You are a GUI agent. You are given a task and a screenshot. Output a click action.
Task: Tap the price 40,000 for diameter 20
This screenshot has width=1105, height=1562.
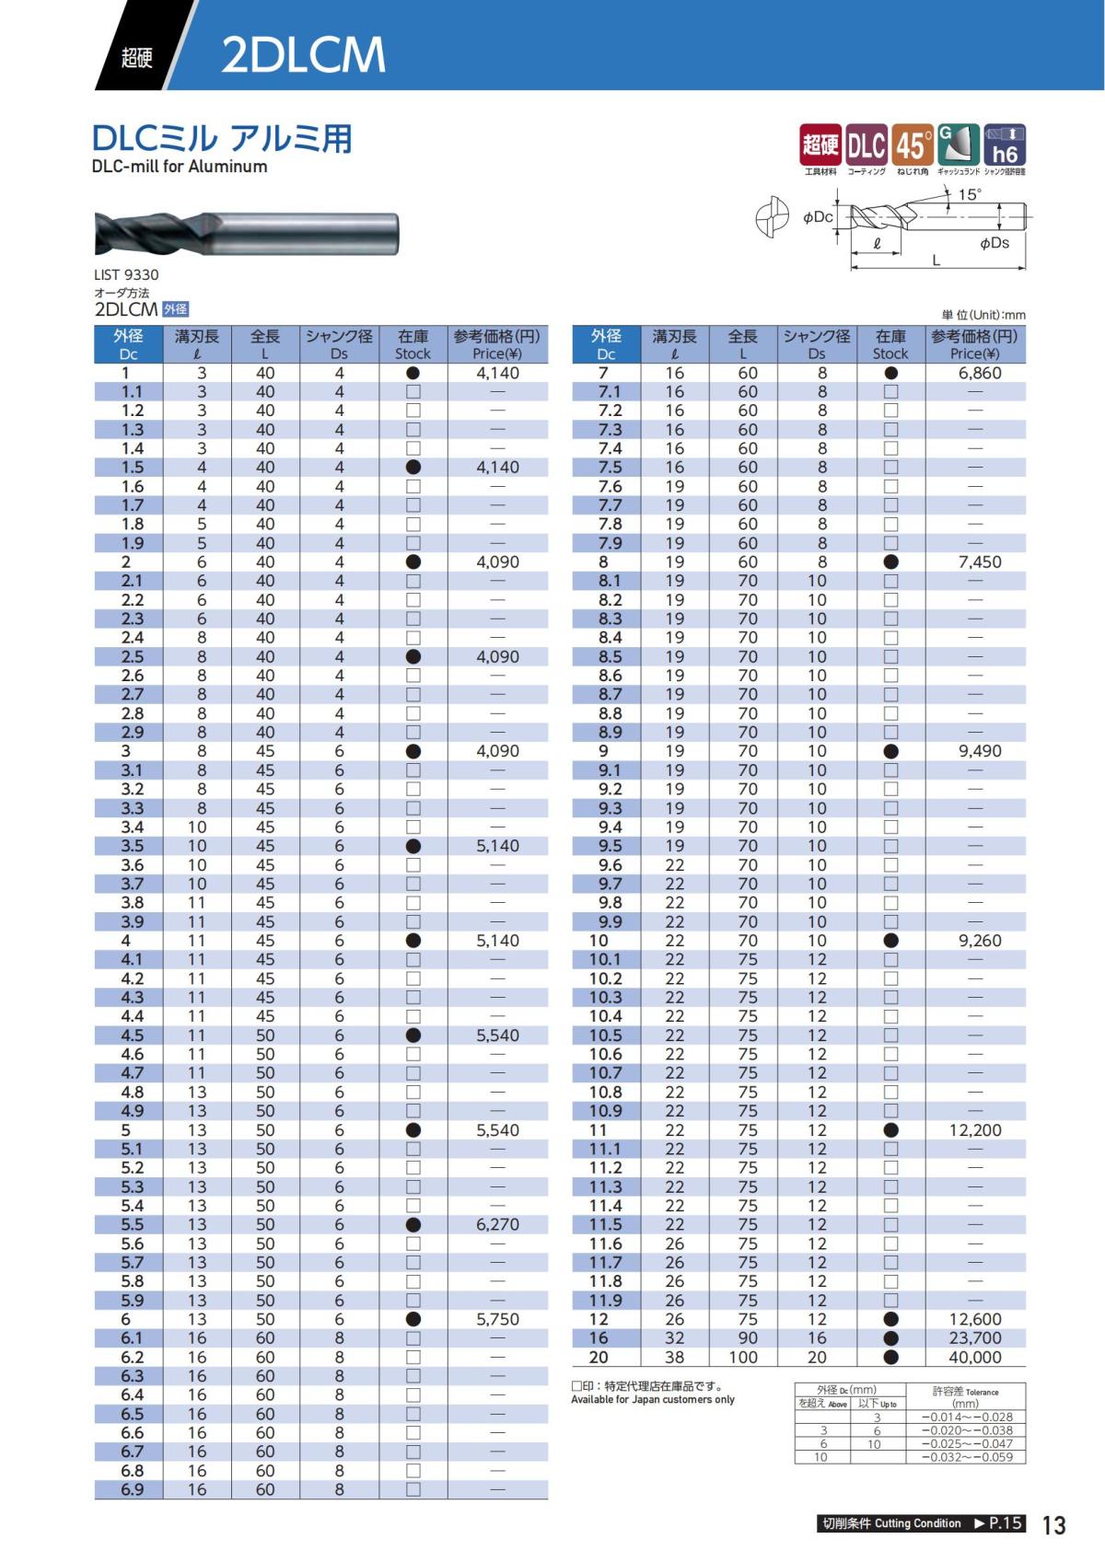[974, 1358]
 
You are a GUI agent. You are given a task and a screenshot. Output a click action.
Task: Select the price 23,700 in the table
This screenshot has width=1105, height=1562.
[974, 1338]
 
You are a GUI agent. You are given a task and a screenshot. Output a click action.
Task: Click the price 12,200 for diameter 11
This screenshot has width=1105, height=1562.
[974, 1130]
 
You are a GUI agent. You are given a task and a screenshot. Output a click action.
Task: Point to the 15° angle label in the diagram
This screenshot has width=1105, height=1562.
[970, 194]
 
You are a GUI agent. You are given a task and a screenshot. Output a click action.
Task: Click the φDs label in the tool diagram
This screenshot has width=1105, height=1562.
[994, 243]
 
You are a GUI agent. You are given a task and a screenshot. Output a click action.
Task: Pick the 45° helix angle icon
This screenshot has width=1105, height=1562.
[912, 145]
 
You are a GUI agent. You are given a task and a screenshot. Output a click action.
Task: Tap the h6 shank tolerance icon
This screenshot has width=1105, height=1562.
[1004, 145]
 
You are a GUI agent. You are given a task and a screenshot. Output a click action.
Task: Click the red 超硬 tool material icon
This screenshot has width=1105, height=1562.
[820, 145]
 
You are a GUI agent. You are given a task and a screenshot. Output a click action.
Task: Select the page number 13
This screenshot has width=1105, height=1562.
[1053, 1525]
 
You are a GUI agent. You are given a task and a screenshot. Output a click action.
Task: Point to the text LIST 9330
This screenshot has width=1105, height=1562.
[126, 274]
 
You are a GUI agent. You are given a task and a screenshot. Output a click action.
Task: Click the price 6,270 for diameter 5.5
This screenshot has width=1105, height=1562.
[497, 1225]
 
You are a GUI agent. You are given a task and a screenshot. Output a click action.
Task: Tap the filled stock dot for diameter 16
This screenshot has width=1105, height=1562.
[890, 1338]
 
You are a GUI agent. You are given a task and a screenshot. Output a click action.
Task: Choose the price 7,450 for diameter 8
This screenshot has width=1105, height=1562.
[979, 562]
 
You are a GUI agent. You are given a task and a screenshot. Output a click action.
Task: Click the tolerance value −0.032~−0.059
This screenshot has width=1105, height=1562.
[967, 1457]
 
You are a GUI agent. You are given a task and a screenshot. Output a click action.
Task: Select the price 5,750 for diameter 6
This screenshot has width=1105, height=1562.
[497, 1320]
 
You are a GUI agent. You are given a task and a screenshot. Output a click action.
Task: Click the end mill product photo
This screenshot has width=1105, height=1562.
[247, 233]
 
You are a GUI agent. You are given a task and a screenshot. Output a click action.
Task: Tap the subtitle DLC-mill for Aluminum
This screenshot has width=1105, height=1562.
[180, 167]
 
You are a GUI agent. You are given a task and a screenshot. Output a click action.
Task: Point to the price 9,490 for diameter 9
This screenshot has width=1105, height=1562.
[979, 751]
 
